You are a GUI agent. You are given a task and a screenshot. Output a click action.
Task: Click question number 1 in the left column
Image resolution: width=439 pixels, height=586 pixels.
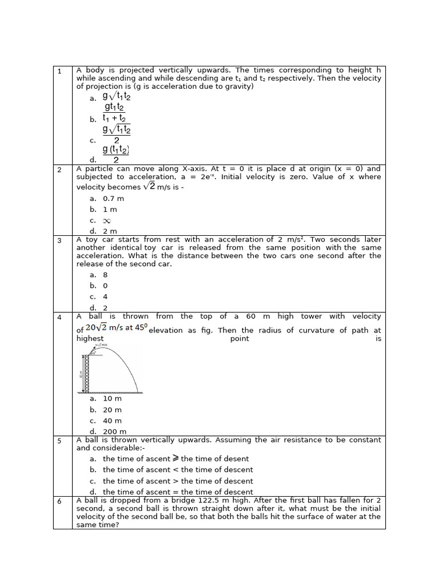[x=59, y=71]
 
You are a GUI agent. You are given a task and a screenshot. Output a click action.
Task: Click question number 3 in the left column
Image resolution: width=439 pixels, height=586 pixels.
[x=59, y=240]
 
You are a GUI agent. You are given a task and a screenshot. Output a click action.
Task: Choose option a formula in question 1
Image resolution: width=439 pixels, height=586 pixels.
[x=117, y=97]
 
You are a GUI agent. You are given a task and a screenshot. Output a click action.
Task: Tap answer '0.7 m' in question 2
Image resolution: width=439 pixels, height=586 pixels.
[x=113, y=199]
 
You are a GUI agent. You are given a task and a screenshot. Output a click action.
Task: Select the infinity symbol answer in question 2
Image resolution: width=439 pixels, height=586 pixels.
[x=106, y=220]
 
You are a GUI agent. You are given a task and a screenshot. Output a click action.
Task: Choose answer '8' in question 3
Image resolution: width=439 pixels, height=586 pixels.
[x=105, y=275]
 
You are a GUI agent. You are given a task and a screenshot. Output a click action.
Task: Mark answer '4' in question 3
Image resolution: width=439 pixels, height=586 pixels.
[x=105, y=296]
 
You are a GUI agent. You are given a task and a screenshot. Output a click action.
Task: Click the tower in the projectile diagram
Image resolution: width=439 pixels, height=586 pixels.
[x=87, y=373]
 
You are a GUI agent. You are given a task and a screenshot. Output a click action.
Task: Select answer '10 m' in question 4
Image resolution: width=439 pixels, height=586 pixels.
[x=112, y=399]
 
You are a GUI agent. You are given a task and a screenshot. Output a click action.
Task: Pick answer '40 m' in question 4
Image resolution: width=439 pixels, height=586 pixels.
[x=112, y=421]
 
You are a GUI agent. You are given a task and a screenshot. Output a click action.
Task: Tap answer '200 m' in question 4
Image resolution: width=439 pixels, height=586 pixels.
[x=114, y=431]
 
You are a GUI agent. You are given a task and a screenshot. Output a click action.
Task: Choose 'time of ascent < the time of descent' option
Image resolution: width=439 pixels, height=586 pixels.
[x=178, y=470]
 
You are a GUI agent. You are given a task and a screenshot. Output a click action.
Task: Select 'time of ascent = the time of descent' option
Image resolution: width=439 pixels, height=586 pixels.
[x=178, y=492]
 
